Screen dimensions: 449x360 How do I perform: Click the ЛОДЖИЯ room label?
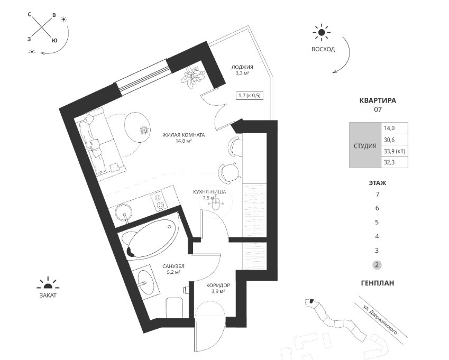pyautogui.click(x=242, y=67)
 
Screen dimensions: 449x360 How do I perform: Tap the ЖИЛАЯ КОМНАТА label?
pyautogui.click(x=184, y=135)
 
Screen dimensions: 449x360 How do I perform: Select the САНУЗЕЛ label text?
pyautogui.click(x=173, y=266)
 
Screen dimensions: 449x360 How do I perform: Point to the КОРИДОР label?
pyautogui.click(x=218, y=285)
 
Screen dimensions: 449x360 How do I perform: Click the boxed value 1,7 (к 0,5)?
pyautogui.click(x=250, y=95)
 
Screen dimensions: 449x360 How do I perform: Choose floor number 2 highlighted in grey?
pyautogui.click(x=377, y=265)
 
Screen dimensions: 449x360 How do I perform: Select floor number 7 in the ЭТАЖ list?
pyautogui.click(x=378, y=195)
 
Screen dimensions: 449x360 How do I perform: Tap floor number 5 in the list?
pyautogui.click(x=377, y=223)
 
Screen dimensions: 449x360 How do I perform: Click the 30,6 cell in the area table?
pyautogui.click(x=395, y=140)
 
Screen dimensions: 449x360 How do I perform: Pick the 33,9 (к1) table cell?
pyautogui.click(x=395, y=151)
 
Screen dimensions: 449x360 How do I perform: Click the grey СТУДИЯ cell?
pyautogui.click(x=365, y=145)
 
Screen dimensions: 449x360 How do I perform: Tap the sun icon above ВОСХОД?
pyautogui.click(x=322, y=32)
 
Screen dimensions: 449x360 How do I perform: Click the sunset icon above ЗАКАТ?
pyautogui.click(x=48, y=283)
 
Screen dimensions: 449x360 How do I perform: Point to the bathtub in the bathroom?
pyautogui.click(x=150, y=239)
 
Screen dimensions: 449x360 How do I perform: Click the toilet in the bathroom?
pyautogui.click(x=175, y=307)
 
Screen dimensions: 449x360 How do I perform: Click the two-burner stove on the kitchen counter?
pyautogui.click(x=158, y=201)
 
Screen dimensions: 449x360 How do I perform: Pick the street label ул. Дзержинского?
pyautogui.click(x=380, y=319)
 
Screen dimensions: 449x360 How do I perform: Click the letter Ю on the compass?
pyautogui.click(x=54, y=40)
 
